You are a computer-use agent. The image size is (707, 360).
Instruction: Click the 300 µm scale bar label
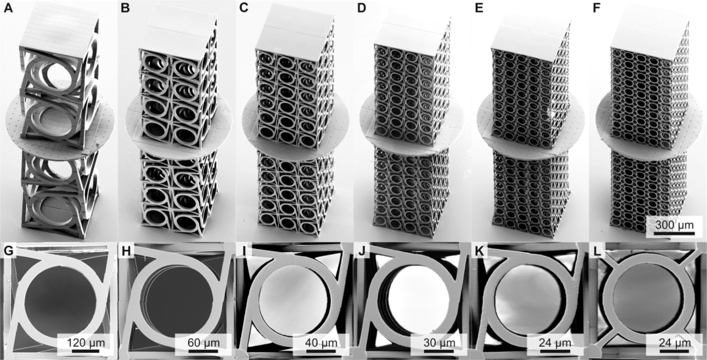pyautogui.click(x=671, y=224)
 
